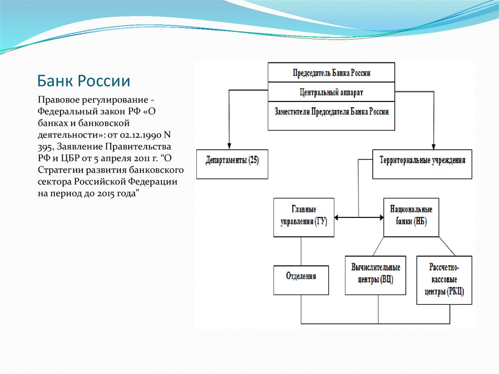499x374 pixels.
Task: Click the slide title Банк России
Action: [x=84, y=81]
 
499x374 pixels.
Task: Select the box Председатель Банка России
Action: [x=331, y=72]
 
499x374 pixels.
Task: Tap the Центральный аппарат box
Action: [x=331, y=92]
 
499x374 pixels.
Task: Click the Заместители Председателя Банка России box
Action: [x=331, y=116]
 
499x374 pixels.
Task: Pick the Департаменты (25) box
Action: [x=232, y=164]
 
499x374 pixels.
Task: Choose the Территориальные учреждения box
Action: [x=422, y=164]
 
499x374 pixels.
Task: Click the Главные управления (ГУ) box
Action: [x=304, y=217]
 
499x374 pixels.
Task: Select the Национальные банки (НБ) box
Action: [x=411, y=217]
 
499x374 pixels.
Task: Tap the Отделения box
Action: [x=301, y=280]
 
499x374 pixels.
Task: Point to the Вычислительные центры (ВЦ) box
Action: [x=376, y=275]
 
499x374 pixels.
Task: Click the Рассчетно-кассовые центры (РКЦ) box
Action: [x=444, y=280]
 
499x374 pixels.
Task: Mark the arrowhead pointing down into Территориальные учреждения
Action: [x=433, y=147]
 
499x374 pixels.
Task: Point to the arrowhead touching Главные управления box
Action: [x=337, y=217]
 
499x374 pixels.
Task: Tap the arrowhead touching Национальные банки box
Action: [x=381, y=217]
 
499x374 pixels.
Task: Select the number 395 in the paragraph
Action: [x=45, y=147]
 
